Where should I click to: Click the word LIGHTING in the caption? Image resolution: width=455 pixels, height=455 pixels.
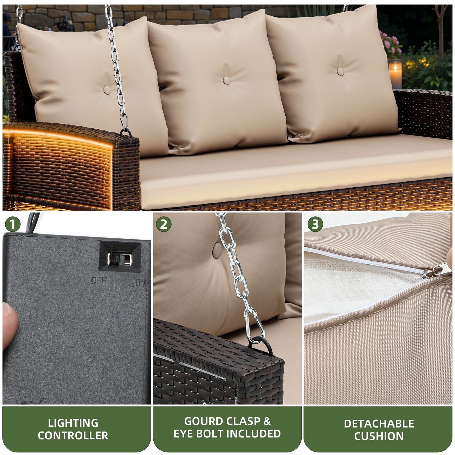coord(73,423)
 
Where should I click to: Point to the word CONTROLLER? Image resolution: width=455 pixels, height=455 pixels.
coord(73,435)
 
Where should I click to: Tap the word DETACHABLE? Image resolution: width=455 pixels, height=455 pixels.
coord(379,424)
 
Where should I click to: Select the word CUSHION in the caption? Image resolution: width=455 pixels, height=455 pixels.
coord(379,436)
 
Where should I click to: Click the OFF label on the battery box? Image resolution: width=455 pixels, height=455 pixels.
coord(99,281)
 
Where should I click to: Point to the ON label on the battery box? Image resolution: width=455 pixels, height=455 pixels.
coord(140,282)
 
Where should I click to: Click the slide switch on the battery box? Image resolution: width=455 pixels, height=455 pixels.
coord(114,259)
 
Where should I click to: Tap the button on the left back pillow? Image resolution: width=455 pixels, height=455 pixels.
coord(107,90)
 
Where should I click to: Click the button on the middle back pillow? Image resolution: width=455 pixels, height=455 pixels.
coord(227,80)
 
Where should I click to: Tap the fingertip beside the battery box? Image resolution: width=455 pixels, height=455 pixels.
coord(9,318)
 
